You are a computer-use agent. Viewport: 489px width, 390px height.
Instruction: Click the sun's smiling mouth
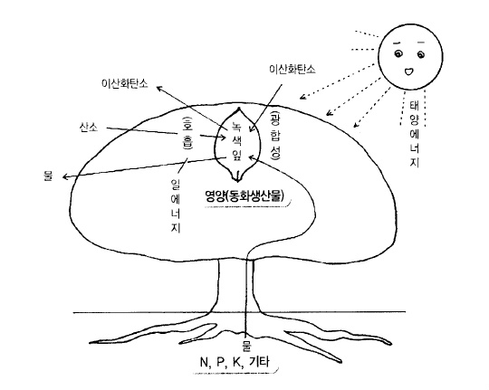(408, 71)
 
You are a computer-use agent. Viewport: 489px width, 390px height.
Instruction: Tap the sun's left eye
(398, 54)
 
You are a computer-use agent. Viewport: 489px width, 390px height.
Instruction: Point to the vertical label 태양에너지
(414, 133)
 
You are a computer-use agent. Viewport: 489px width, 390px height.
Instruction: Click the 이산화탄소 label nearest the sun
(292, 69)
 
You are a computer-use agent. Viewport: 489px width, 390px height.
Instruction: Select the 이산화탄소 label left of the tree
(125, 83)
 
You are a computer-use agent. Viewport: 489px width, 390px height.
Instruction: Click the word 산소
(89, 128)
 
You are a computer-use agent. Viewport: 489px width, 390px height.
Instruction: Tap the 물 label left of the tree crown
(49, 176)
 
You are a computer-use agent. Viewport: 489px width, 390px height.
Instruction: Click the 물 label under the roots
(246, 347)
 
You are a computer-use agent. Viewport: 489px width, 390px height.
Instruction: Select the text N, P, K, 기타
(235, 362)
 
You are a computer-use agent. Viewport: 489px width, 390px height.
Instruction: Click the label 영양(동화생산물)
(244, 195)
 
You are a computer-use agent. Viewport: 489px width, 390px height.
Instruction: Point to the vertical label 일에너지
(176, 205)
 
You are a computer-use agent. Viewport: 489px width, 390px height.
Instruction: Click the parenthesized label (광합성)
(275, 135)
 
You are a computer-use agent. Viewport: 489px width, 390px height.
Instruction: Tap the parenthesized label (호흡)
(187, 132)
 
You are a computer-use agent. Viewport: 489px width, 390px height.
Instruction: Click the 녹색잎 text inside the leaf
(236, 141)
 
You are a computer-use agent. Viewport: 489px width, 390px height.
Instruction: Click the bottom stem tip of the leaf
(237, 181)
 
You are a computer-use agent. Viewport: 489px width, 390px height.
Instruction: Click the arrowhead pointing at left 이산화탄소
(158, 89)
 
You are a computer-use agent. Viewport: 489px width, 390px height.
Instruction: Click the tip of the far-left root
(91, 342)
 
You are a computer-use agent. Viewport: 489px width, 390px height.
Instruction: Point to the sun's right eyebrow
(421, 43)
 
